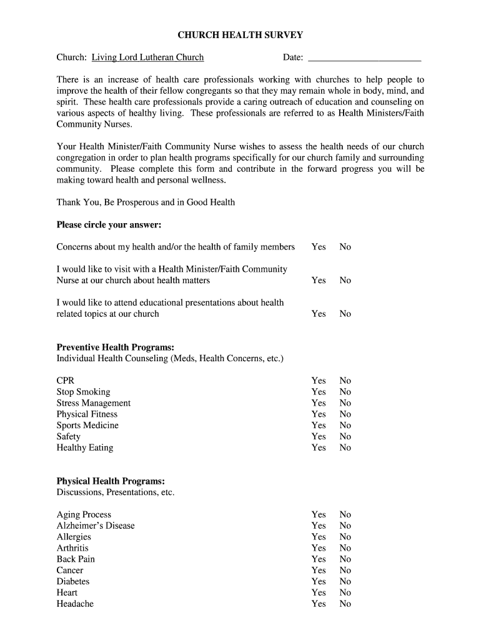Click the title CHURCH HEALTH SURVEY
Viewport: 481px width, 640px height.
tap(241, 36)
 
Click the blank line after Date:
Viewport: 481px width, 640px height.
tap(365, 58)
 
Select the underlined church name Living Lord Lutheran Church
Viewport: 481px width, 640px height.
tap(147, 57)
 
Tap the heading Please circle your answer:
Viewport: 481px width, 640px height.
tap(109, 224)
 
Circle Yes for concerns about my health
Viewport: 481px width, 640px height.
tap(319, 247)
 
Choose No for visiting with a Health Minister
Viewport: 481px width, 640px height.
tap(345, 281)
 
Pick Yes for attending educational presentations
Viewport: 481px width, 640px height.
tap(319, 314)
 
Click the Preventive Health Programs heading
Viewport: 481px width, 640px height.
tap(116, 347)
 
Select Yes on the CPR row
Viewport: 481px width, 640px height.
tap(319, 381)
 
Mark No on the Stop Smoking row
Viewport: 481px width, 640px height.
tap(345, 392)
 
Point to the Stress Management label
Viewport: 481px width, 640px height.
tap(94, 403)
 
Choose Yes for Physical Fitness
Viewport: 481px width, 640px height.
tap(319, 414)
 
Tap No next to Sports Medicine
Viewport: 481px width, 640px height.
tap(345, 426)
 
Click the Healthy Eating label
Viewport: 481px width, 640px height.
tap(85, 448)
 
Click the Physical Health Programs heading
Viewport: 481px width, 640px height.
tap(111, 481)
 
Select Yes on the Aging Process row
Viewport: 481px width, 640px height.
tap(319, 515)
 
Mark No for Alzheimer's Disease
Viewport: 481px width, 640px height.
tap(345, 526)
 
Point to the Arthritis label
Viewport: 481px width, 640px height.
tap(72, 548)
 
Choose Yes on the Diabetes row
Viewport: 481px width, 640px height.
tap(319, 582)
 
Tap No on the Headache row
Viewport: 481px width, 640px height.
tap(345, 604)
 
